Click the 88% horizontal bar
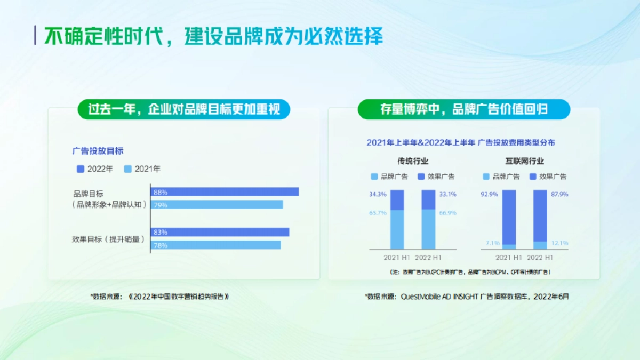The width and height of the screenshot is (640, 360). (x=225, y=192)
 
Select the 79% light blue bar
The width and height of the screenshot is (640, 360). (x=217, y=205)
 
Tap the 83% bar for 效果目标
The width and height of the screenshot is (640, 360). (x=220, y=232)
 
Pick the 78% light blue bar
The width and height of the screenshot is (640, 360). (x=215, y=245)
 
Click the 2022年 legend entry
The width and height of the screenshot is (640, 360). (x=95, y=169)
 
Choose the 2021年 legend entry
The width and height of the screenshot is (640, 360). (x=142, y=169)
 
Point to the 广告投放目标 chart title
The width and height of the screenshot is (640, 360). (x=98, y=151)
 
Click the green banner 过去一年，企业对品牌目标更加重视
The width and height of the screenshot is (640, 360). (x=183, y=109)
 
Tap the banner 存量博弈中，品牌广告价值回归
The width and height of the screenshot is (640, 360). (x=463, y=109)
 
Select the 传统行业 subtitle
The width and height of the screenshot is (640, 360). (x=412, y=161)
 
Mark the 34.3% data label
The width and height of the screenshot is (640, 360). (x=377, y=195)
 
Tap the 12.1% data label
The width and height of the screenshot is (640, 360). (x=559, y=243)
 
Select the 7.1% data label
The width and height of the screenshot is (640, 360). (x=492, y=243)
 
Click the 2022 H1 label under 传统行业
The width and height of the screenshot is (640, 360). (x=428, y=258)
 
